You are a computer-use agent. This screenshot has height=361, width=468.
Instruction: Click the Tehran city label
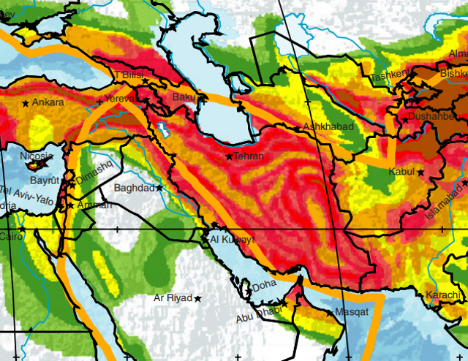248,156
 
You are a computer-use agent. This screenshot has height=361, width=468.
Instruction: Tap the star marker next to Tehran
229,156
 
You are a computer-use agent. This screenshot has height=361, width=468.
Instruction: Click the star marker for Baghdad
159,188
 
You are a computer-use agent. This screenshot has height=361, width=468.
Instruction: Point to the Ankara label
49,103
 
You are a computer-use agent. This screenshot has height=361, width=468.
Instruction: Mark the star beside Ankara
26,104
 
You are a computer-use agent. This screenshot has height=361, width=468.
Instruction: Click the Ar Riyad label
173,298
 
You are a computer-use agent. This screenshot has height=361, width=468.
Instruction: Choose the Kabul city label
401,172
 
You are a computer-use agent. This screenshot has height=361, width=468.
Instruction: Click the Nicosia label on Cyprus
35,156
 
